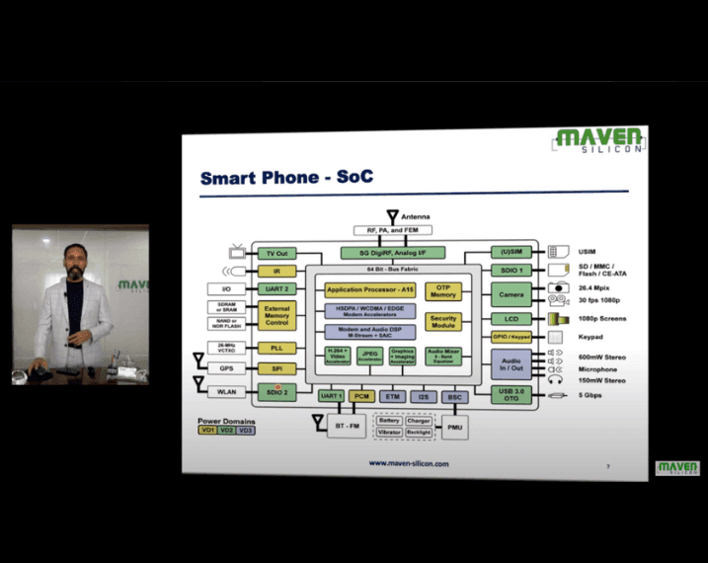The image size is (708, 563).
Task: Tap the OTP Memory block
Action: pyautogui.click(x=443, y=291)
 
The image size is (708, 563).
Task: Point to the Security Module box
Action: pyautogui.click(x=443, y=322)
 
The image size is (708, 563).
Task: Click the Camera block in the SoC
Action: pyautogui.click(x=511, y=294)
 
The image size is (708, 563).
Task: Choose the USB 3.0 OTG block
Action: pyautogui.click(x=511, y=394)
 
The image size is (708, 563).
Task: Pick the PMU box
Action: pyautogui.click(x=453, y=428)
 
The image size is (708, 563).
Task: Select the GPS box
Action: pyautogui.click(x=225, y=368)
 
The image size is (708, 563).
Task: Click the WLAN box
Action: pyautogui.click(x=225, y=392)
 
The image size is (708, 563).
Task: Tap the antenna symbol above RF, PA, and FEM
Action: pyautogui.click(x=392, y=215)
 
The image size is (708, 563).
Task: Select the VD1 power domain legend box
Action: pyautogui.click(x=208, y=431)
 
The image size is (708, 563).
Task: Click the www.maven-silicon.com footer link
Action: pyautogui.click(x=409, y=462)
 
